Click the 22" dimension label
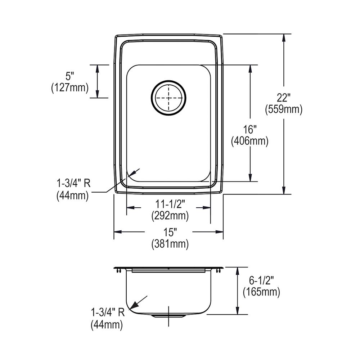284,97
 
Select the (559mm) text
284,109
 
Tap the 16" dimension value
249,129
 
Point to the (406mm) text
249,141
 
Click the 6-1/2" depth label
261,280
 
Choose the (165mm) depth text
261,292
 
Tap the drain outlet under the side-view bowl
168,316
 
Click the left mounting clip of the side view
118,270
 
